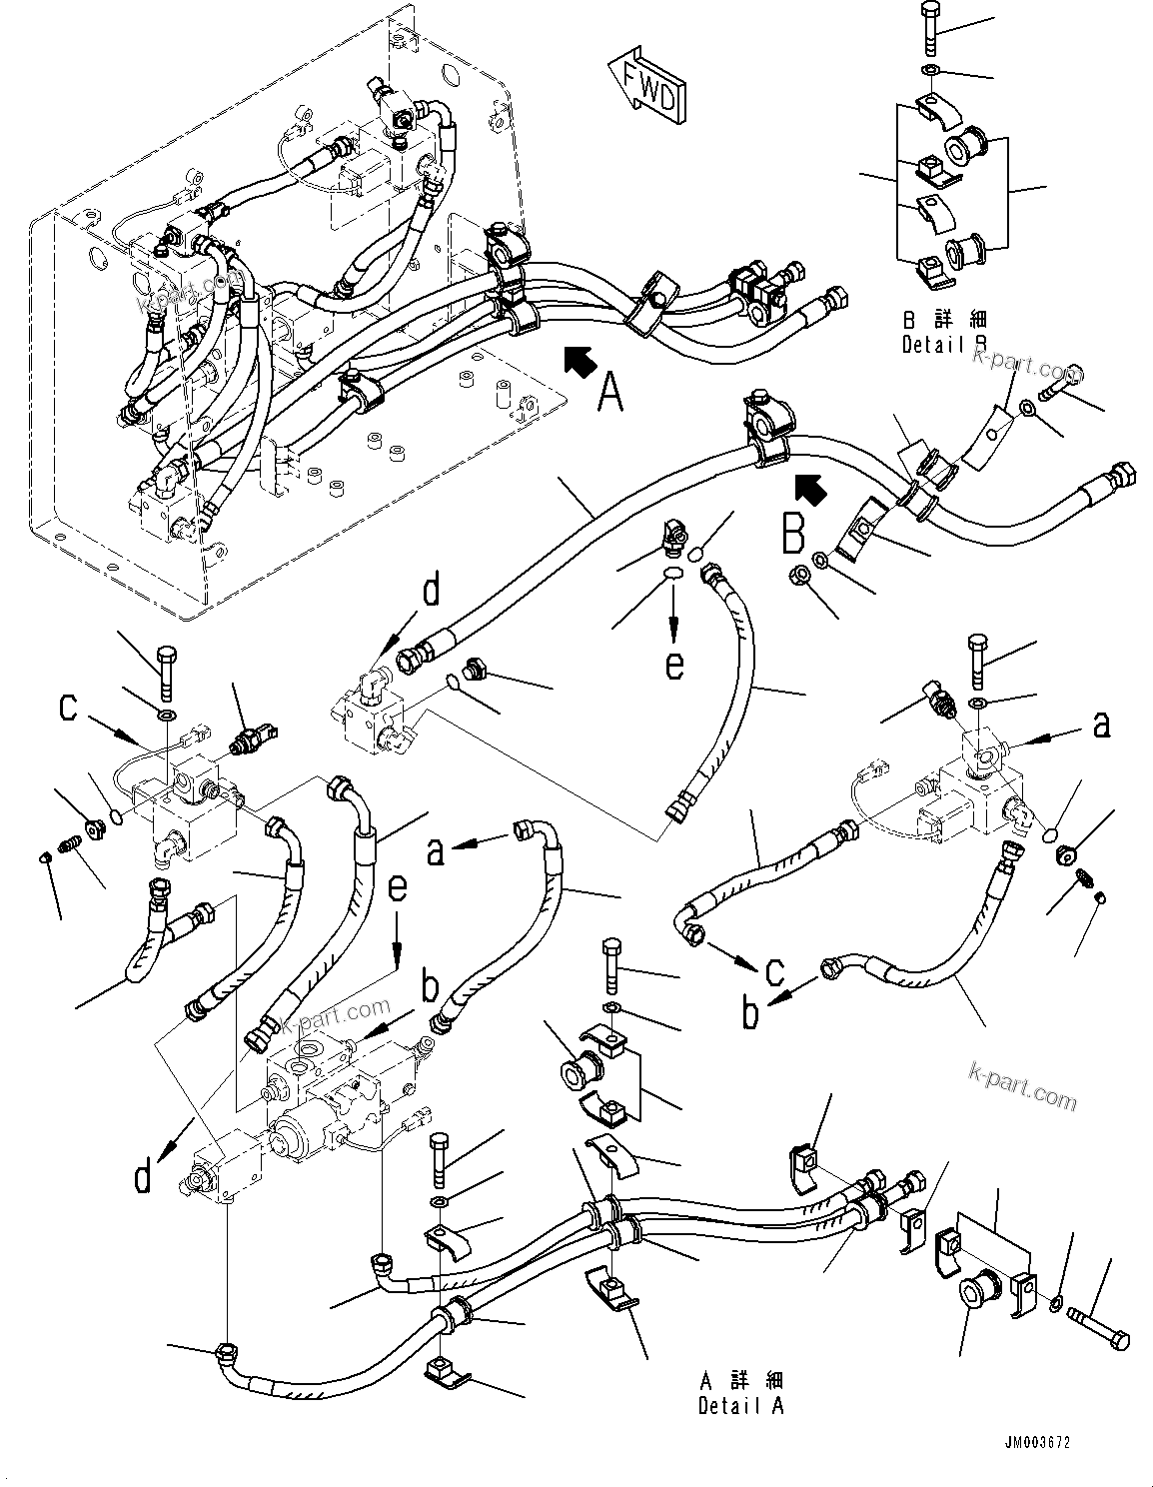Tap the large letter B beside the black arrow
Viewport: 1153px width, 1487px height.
792,533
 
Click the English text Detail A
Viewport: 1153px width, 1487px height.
740,1406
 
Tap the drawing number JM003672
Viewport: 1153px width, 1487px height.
1043,1443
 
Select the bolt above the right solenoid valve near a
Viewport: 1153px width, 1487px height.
976,661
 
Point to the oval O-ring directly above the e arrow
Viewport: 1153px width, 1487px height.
674,573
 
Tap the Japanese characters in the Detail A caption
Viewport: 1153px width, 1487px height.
741,1382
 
